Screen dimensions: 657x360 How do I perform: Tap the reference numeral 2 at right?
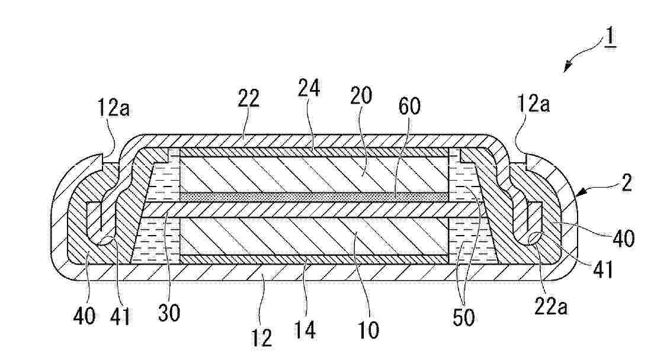[x=626, y=182]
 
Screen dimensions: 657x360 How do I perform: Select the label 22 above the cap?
[x=248, y=98]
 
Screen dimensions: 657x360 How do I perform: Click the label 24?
[x=309, y=89]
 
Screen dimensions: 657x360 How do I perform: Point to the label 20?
[x=360, y=95]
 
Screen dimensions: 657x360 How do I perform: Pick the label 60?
[x=409, y=107]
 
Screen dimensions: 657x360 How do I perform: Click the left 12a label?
[x=114, y=108]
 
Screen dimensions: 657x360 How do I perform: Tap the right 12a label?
[x=533, y=103]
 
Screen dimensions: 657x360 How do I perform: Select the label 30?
[x=169, y=312]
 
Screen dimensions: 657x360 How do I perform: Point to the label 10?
[x=368, y=330]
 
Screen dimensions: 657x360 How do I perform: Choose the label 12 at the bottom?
[x=262, y=337]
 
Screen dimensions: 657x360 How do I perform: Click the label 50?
[x=464, y=318]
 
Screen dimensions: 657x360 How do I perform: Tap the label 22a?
[x=551, y=307]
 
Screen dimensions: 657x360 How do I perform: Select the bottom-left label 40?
[x=84, y=315]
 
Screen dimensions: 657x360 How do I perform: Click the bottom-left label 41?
[x=120, y=316]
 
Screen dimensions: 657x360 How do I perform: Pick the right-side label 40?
[x=624, y=239]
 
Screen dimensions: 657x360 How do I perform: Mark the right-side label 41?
[x=603, y=269]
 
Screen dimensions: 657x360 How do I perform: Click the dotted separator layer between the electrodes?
[x=314, y=197]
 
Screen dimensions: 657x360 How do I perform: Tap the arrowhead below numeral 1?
[x=568, y=67]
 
